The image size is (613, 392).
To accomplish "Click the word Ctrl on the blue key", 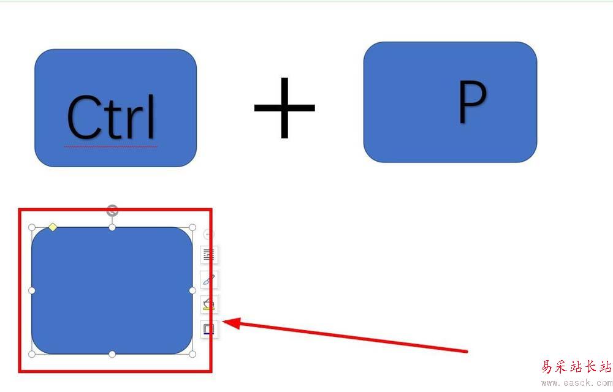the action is (112, 117).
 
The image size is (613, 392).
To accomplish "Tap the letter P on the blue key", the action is (472, 102).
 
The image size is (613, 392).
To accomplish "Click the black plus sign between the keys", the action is (284, 108).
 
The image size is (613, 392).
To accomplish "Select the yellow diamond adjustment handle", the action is (53, 227).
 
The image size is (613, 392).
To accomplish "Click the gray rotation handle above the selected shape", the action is (112, 211).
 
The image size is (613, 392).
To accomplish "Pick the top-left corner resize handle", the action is (32, 228).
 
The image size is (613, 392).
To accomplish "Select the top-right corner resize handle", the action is (192, 228).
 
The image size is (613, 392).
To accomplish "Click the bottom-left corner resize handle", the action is (32, 354).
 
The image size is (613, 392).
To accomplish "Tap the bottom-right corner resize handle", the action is (192, 354).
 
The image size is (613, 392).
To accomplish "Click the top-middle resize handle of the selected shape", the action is (112, 228).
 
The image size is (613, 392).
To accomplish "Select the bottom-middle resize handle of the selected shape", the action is (112, 354).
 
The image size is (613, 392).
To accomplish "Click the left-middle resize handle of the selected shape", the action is (32, 290).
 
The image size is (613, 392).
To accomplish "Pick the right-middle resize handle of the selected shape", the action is (192, 290).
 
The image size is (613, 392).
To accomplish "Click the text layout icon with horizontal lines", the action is (209, 255).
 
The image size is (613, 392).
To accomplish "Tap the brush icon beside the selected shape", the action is (209, 280).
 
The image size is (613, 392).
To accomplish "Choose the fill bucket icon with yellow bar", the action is (209, 304).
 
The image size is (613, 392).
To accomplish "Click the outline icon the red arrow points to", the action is (209, 329).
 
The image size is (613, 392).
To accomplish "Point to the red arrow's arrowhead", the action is (230, 323).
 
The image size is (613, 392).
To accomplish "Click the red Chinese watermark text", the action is (576, 367).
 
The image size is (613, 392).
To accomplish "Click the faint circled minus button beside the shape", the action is (209, 234).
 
